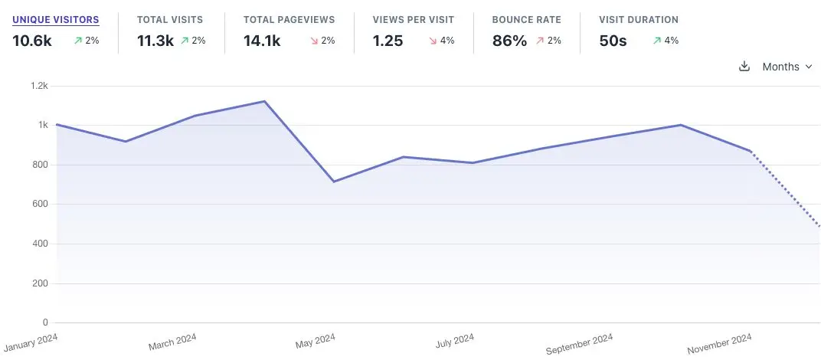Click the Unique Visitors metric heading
tap(55, 19)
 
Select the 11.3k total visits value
tap(154, 41)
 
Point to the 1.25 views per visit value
tap(388, 41)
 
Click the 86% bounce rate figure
tap(509, 41)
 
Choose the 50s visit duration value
tap(613, 41)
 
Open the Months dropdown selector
tap(787, 67)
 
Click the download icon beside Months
tap(744, 67)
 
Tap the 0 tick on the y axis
tap(44, 322)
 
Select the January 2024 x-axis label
tap(30, 340)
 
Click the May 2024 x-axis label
tap(315, 340)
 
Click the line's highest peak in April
tap(264, 101)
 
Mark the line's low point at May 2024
tap(334, 182)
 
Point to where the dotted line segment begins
tap(751, 152)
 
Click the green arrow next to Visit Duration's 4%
tap(656, 41)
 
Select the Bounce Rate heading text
tap(527, 19)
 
